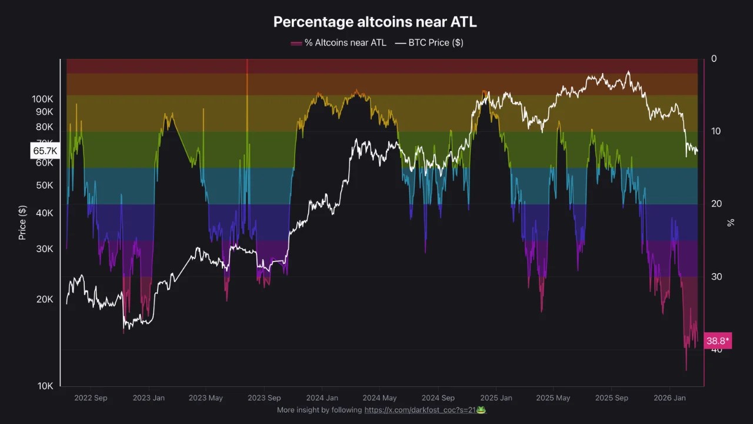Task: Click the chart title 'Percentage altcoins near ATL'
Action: (x=375, y=22)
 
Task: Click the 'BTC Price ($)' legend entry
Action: (x=429, y=42)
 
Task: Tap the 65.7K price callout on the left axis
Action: (x=45, y=151)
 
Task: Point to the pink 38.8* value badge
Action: (x=718, y=341)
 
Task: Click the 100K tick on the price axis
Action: (x=42, y=99)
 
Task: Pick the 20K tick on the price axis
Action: (x=45, y=299)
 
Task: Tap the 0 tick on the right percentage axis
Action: (x=714, y=58)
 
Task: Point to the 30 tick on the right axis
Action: (x=716, y=277)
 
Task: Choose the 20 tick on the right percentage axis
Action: (x=716, y=204)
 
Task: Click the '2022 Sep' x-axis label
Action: (x=91, y=398)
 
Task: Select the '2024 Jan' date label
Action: (x=322, y=398)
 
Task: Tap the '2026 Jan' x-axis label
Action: (x=669, y=398)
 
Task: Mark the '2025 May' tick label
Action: (x=553, y=398)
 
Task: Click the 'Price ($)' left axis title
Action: (x=22, y=223)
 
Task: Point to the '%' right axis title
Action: (x=731, y=223)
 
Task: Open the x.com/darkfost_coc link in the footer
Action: (x=419, y=410)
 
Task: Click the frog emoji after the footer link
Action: (x=481, y=410)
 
